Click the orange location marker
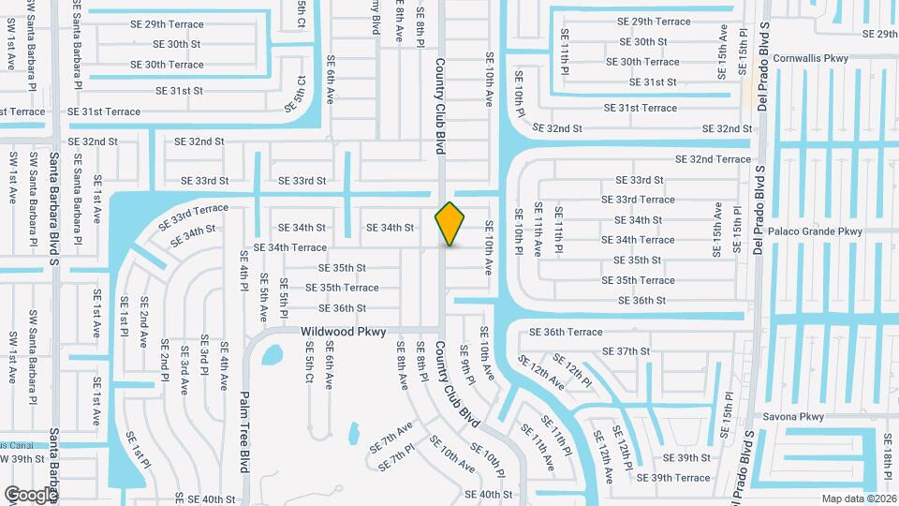click(450, 223)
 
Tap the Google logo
click(31, 494)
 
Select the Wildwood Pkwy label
click(343, 332)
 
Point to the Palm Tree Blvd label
click(246, 431)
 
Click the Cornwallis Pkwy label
click(811, 58)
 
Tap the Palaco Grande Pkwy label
click(815, 231)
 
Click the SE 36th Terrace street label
click(566, 332)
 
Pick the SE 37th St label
click(626, 351)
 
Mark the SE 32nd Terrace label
click(713, 159)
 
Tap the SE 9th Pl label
click(464, 361)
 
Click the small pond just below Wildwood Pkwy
click(272, 355)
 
